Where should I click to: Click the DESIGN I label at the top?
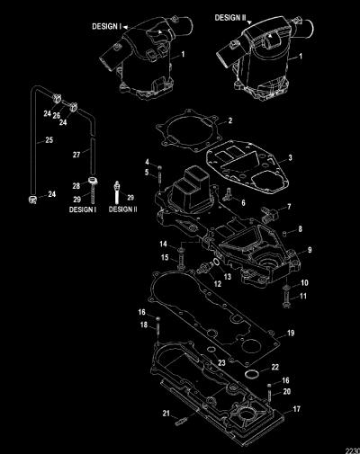(x=106, y=26)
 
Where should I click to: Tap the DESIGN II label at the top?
(x=230, y=18)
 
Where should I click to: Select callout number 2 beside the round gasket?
(x=230, y=120)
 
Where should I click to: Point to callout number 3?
(x=290, y=157)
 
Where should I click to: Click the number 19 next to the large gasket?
(x=291, y=333)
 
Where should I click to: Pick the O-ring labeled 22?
(x=250, y=374)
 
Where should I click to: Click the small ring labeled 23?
(x=211, y=350)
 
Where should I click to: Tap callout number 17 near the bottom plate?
(x=296, y=409)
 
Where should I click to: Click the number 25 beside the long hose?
(x=49, y=139)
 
